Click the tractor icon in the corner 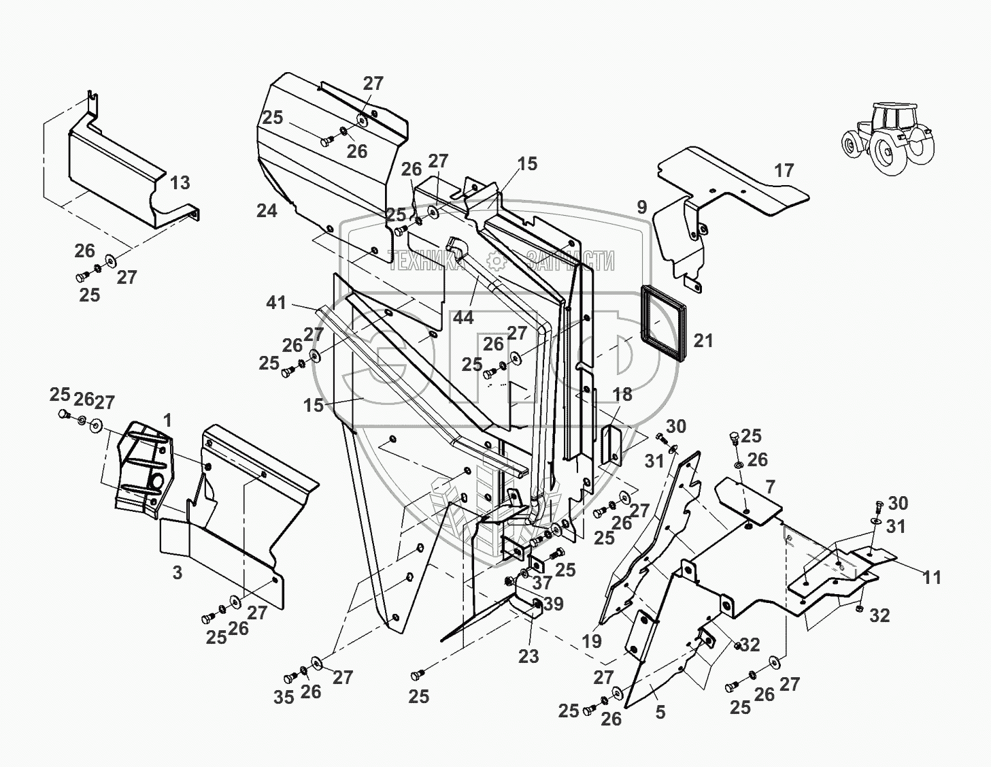click(x=886, y=137)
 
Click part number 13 click(x=180, y=183)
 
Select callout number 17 click(x=784, y=170)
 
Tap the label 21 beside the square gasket click(x=703, y=340)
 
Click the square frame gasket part click(x=660, y=323)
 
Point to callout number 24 click(x=267, y=211)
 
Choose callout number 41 click(x=275, y=302)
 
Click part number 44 click(x=463, y=317)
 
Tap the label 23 click(x=528, y=656)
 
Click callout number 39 click(x=554, y=604)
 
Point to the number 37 click(x=542, y=583)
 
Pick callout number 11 click(x=931, y=577)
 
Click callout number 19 click(x=591, y=640)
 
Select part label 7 click(x=770, y=487)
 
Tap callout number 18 click(x=622, y=394)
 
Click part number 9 click(x=642, y=206)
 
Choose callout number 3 click(x=178, y=572)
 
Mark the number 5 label click(x=660, y=713)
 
